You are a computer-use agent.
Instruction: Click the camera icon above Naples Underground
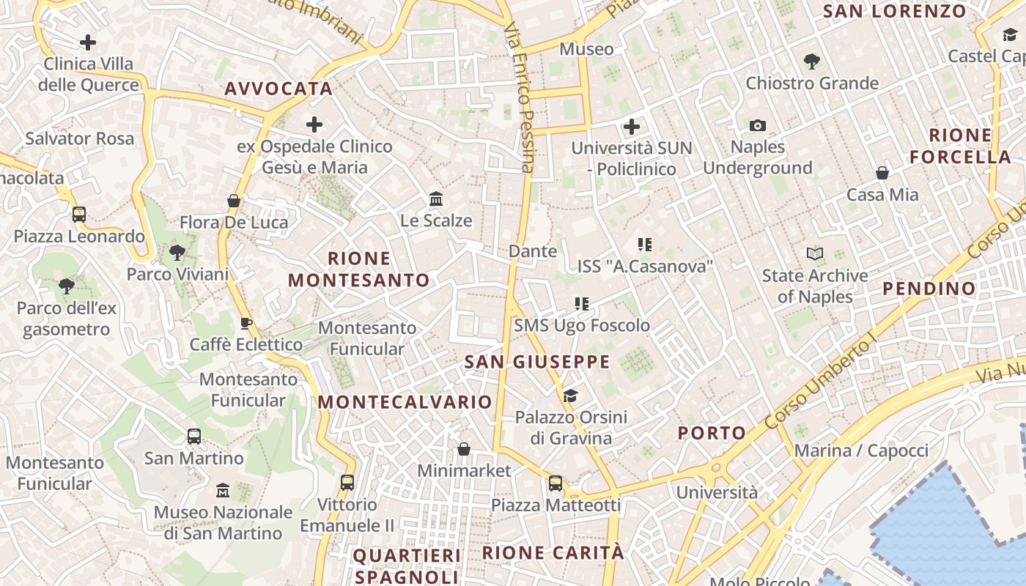pyautogui.click(x=758, y=126)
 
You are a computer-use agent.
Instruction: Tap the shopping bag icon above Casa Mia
pyautogui.click(x=882, y=173)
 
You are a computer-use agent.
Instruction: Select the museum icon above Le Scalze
pyautogui.click(x=436, y=199)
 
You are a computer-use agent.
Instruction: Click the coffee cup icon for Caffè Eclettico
pyautogui.click(x=246, y=323)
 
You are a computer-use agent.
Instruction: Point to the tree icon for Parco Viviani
pyautogui.click(x=177, y=253)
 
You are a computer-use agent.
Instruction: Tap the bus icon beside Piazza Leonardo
pyautogui.click(x=79, y=215)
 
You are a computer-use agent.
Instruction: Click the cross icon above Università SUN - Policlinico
pyautogui.click(x=632, y=127)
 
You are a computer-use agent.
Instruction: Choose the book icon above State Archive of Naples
pyautogui.click(x=814, y=254)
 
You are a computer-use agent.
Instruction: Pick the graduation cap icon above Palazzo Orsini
pyautogui.click(x=570, y=396)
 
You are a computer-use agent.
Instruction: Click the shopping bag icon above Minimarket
pyautogui.click(x=463, y=449)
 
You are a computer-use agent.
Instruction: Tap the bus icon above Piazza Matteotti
pyautogui.click(x=556, y=483)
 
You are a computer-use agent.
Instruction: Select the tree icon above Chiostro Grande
pyautogui.click(x=811, y=62)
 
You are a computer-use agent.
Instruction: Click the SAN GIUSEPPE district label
pyautogui.click(x=537, y=362)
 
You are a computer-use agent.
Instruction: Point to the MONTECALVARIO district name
pyautogui.click(x=405, y=402)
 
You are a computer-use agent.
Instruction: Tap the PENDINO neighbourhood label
pyautogui.click(x=929, y=289)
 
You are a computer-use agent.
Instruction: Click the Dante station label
pyautogui.click(x=533, y=251)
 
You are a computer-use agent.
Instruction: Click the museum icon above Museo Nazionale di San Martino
pyautogui.click(x=223, y=490)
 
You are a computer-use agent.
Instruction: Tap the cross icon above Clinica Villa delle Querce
pyautogui.click(x=88, y=42)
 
